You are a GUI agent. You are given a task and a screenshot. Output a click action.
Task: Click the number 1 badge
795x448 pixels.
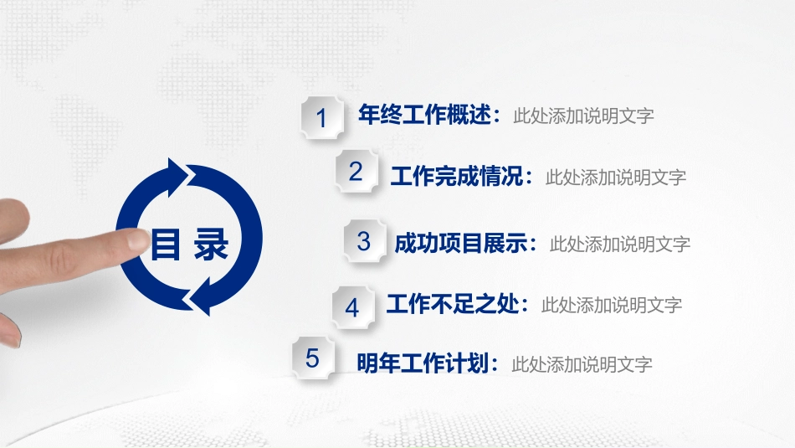point(322,117)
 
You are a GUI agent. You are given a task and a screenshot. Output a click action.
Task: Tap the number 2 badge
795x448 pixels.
point(356,171)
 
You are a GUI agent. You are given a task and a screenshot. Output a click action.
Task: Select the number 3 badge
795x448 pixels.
point(364,241)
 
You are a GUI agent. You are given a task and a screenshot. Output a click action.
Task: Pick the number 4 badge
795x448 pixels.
point(352,307)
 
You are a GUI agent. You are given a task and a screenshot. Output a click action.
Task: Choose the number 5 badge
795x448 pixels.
point(313,358)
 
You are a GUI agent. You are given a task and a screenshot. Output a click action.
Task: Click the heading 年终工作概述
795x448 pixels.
point(425,115)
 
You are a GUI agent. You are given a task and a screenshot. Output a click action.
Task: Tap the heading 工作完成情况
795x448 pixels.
point(457,176)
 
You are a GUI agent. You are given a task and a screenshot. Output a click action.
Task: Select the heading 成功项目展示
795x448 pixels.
point(461,243)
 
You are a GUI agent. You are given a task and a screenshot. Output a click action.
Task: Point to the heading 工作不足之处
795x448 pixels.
point(453,304)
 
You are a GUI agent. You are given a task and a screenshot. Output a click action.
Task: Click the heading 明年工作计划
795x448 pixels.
point(423,363)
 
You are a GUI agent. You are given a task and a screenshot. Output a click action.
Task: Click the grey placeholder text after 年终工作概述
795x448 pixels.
point(583,116)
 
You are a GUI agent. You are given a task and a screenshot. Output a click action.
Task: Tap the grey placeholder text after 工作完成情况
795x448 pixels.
point(616,178)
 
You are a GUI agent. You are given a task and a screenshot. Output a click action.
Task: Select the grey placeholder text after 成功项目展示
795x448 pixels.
point(620,245)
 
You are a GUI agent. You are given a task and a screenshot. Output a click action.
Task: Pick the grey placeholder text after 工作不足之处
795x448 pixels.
point(612,306)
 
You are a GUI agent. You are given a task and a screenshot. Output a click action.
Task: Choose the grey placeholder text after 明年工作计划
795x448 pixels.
point(582,364)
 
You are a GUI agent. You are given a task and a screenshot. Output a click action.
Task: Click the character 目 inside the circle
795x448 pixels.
point(166,244)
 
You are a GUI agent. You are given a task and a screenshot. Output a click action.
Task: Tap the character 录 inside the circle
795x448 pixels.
point(211,244)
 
